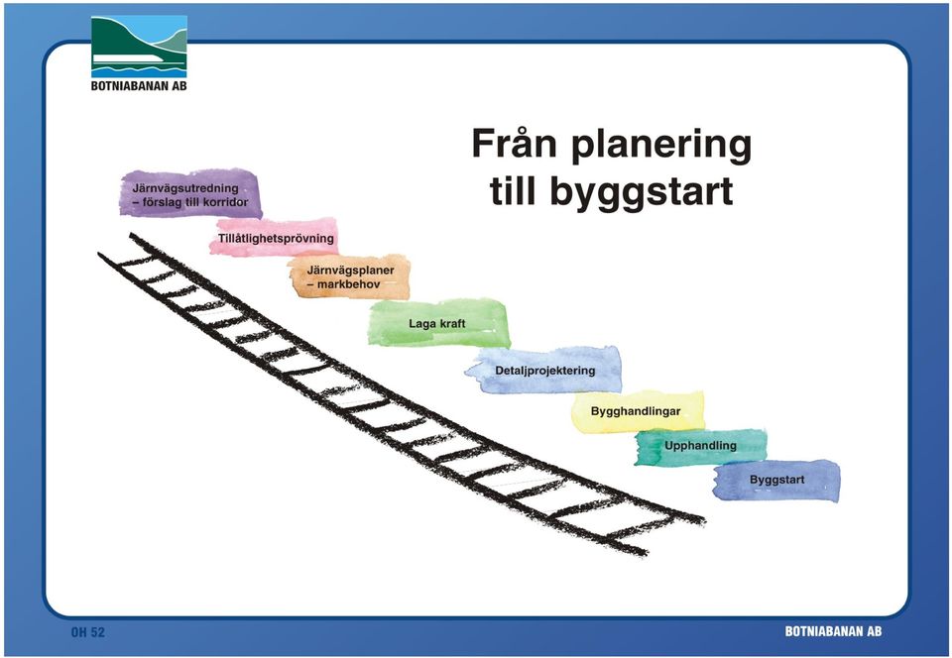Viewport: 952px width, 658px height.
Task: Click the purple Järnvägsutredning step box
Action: click(x=190, y=193)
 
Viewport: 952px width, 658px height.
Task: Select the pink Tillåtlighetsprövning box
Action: click(x=275, y=237)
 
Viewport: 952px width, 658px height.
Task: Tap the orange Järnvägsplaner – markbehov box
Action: click(x=350, y=276)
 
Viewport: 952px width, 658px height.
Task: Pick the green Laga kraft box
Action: click(x=438, y=323)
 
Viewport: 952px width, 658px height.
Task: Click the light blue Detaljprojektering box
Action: click(x=544, y=370)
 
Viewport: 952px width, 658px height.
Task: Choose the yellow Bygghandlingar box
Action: click(x=638, y=411)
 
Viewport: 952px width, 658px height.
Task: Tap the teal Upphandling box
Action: click(x=701, y=446)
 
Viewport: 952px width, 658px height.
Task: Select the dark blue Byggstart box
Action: click(x=777, y=481)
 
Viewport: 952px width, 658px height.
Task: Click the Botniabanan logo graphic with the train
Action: click(x=139, y=47)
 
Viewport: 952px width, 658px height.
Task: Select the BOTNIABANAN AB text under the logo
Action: click(x=139, y=86)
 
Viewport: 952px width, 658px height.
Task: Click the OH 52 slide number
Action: click(x=88, y=632)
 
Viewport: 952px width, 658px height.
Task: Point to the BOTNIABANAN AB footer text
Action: click(x=833, y=631)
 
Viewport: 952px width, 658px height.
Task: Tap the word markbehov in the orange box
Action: click(x=348, y=283)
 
